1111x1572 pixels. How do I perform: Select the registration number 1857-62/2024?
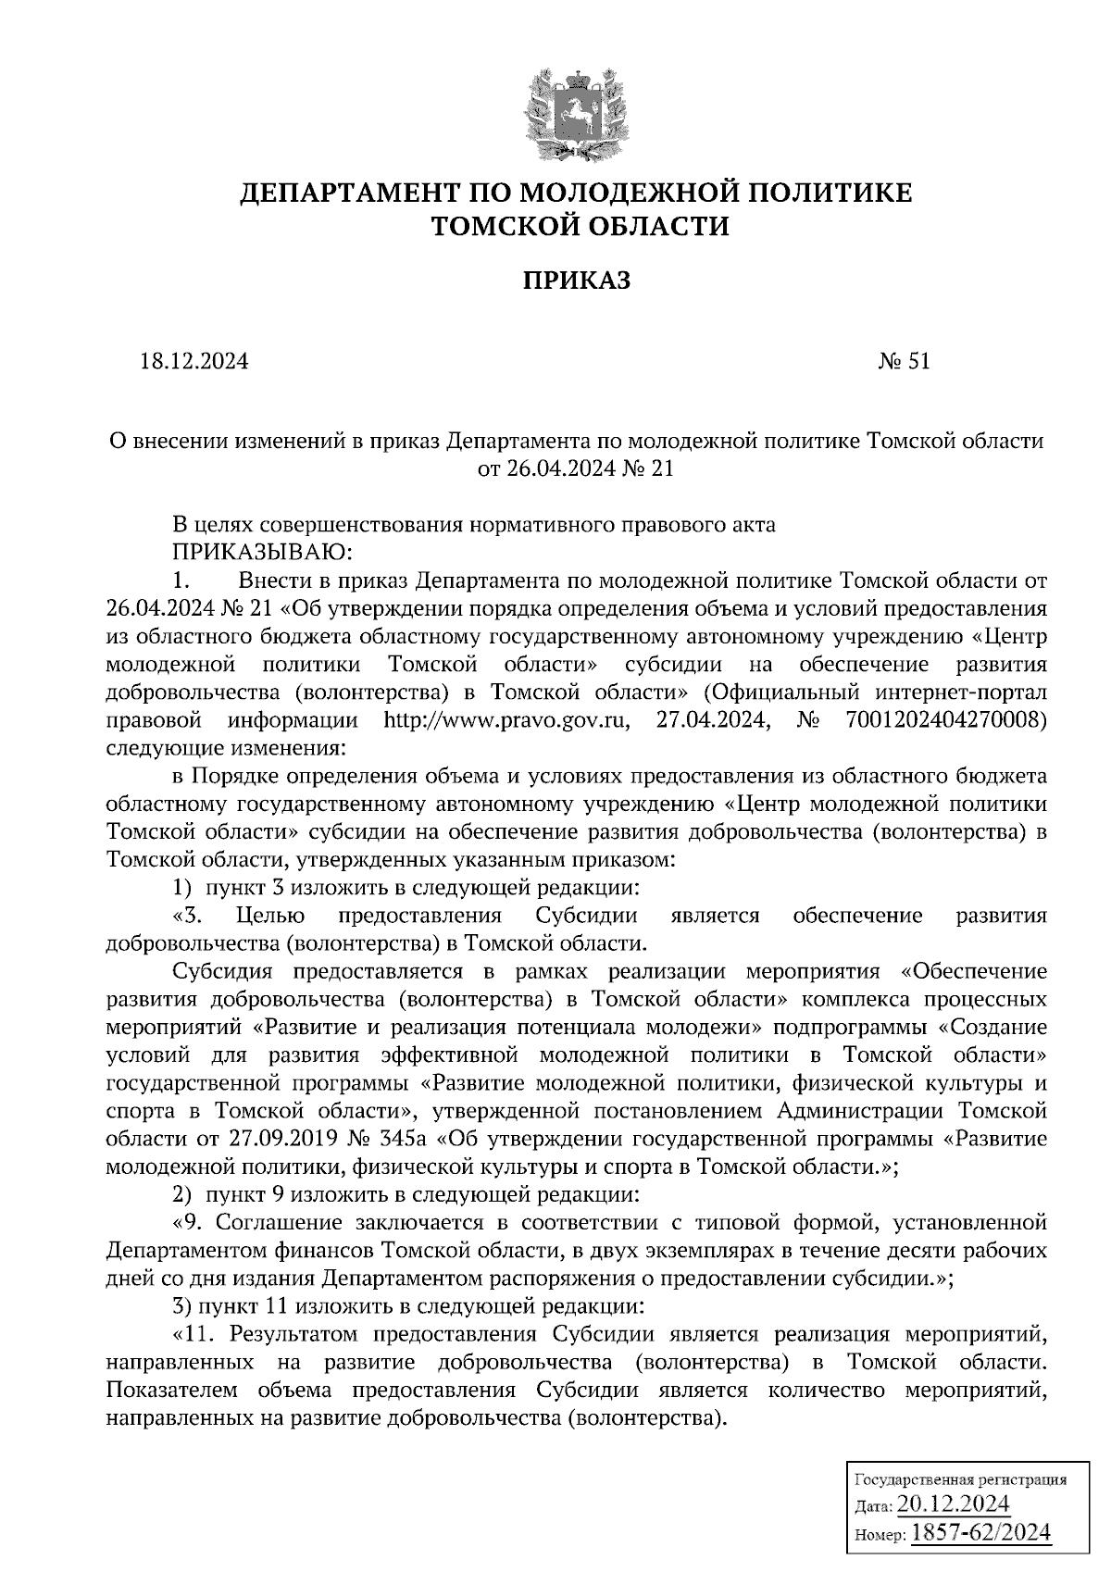pyautogui.click(x=981, y=1533)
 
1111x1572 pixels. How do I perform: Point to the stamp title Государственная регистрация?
pyautogui.click(x=958, y=1479)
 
